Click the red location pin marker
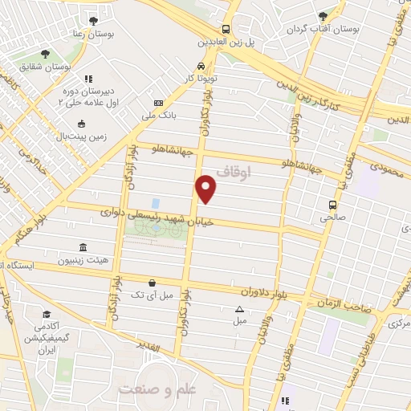[x=206, y=189]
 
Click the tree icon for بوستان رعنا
[x=94, y=20]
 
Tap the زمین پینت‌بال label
[x=81, y=136]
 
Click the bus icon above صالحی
[x=332, y=204]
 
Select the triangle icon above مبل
[x=239, y=309]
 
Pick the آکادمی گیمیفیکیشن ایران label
[x=55, y=339]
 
